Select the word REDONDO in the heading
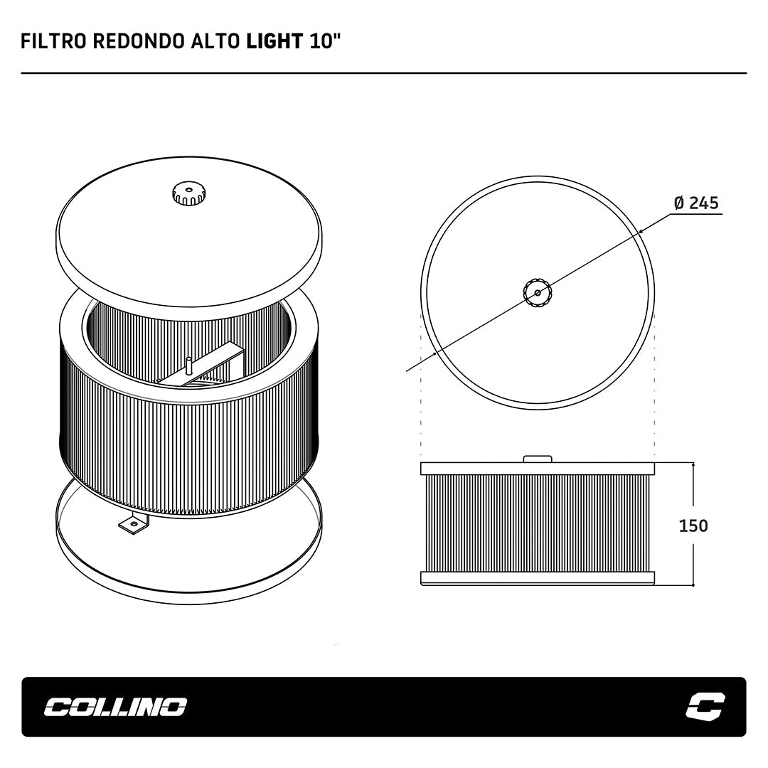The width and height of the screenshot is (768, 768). pyautogui.click(x=139, y=42)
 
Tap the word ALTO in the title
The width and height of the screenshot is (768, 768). pyautogui.click(x=215, y=42)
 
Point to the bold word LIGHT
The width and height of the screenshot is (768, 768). pyautogui.click(x=274, y=42)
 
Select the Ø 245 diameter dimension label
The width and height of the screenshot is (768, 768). pyautogui.click(x=696, y=202)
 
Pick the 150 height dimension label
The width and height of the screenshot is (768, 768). pyautogui.click(x=693, y=526)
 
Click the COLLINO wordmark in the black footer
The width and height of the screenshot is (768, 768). pyautogui.click(x=116, y=707)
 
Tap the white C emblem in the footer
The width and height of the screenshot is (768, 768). pyautogui.click(x=705, y=706)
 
